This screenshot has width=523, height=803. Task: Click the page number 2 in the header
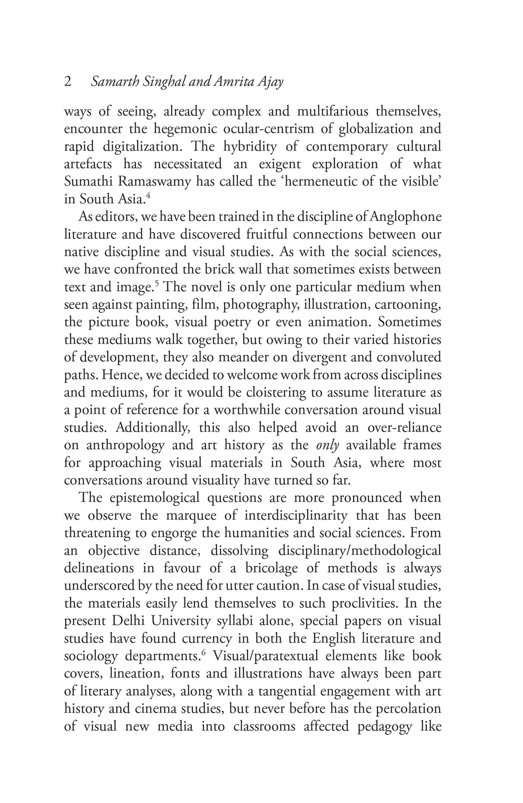pyautogui.click(x=68, y=82)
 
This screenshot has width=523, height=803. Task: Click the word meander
pyautogui.click(x=264, y=358)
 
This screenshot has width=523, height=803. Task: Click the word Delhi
pyautogui.click(x=128, y=621)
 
